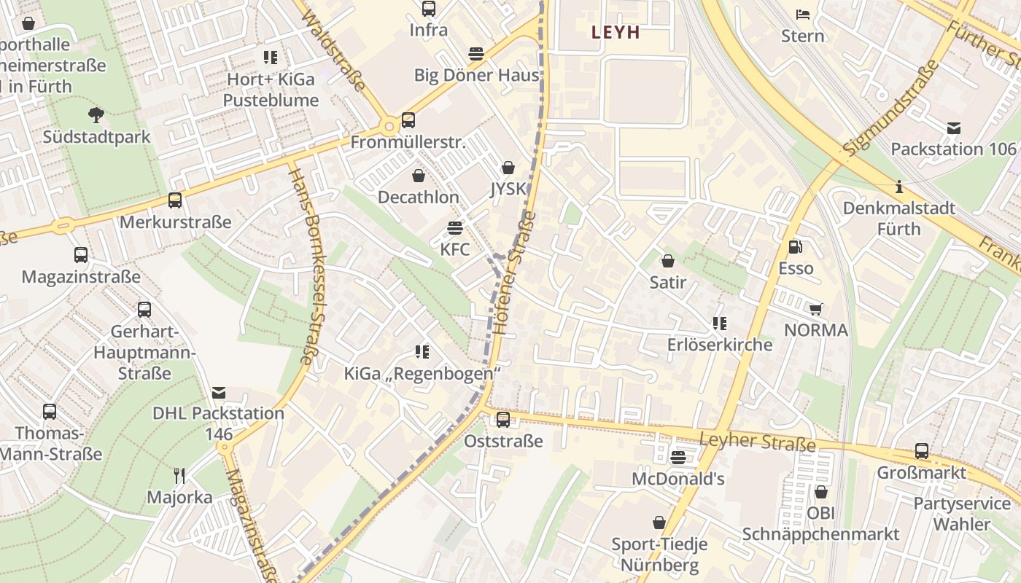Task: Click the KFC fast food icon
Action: pos(455,228)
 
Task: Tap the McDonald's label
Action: pos(678,479)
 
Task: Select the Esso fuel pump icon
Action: pos(795,247)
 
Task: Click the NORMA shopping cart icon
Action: pos(815,309)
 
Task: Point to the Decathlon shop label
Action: pos(418,197)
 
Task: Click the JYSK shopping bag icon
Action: pos(508,168)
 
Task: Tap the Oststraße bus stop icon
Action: pos(503,420)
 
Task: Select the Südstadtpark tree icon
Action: pos(96,114)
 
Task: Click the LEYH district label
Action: pos(616,32)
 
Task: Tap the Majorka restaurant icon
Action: pos(179,476)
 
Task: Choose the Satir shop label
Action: pos(667,282)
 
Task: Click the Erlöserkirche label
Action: pos(719,345)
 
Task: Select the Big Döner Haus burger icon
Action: pos(476,53)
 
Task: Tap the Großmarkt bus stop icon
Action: pos(922,451)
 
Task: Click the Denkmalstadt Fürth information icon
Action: pos(899,187)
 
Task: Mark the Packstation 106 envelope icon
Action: pos(953,128)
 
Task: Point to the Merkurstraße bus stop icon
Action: pos(175,200)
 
